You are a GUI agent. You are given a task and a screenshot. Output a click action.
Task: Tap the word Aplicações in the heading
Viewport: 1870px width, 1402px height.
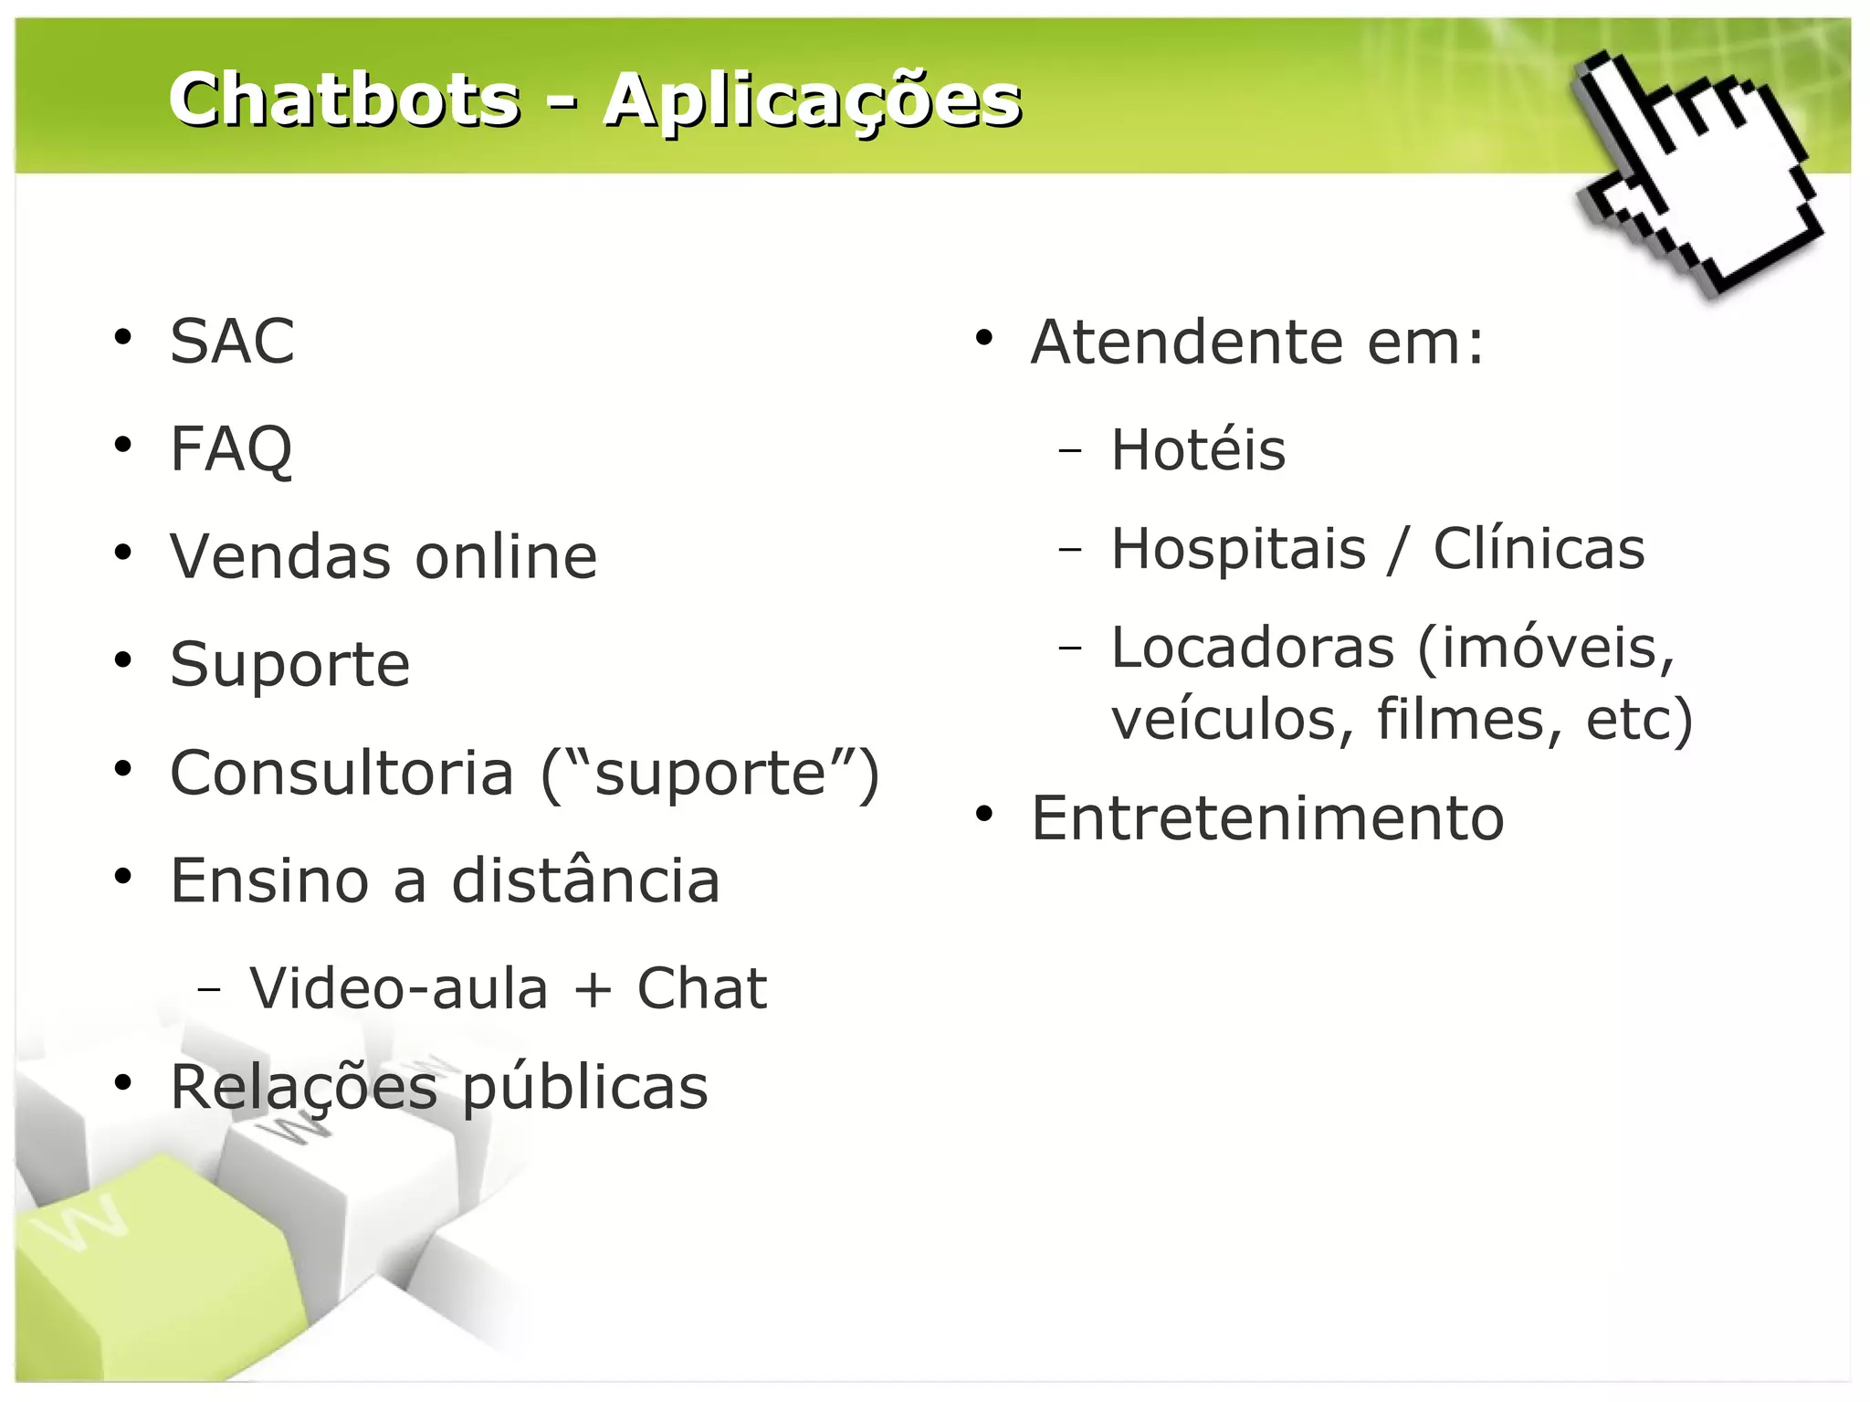pos(813,100)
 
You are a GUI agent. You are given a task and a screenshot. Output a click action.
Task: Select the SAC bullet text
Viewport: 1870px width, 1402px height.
pos(232,341)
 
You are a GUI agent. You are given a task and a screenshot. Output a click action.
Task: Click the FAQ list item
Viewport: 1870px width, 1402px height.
pos(231,448)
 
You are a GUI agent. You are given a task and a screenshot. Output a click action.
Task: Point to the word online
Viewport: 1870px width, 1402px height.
pos(506,556)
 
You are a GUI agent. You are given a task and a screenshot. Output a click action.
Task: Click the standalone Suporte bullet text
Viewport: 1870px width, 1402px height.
pos(289,664)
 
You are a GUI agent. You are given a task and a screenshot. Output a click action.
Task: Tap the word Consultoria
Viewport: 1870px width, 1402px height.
pos(342,773)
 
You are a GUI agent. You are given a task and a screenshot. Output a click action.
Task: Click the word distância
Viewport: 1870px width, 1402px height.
pos(585,880)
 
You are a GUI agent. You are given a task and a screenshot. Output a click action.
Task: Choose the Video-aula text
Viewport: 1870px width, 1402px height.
pos(399,988)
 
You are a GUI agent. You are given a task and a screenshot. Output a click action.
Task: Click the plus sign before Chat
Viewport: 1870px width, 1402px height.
pos(593,990)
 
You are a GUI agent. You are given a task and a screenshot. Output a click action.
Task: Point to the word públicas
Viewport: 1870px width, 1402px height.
pos(585,1089)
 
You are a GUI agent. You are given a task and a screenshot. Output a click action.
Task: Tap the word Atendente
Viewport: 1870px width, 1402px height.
pos(1187,342)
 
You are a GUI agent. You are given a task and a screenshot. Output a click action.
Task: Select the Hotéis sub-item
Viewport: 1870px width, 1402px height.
pos(1198,449)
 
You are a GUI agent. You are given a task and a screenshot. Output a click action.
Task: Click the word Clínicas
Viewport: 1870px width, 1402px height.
pos(1539,549)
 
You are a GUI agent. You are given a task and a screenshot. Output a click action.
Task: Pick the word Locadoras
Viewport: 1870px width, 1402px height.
pos(1253,648)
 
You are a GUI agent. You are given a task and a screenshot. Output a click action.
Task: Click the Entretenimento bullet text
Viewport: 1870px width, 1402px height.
pos(1267,817)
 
